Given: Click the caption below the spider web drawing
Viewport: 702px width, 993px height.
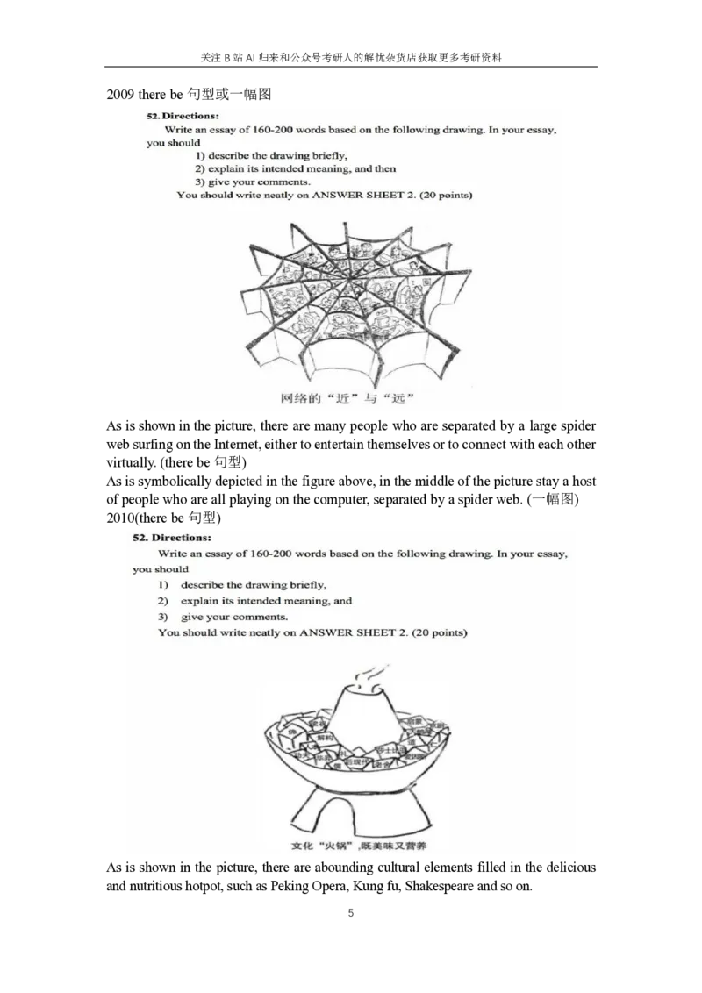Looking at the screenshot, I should click(x=347, y=399).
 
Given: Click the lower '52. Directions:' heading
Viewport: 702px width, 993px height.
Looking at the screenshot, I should click(x=172, y=537).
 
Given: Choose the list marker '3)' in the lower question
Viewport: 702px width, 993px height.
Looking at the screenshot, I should click(x=163, y=617).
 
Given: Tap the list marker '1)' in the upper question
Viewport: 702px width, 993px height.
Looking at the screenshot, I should click(x=202, y=156).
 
